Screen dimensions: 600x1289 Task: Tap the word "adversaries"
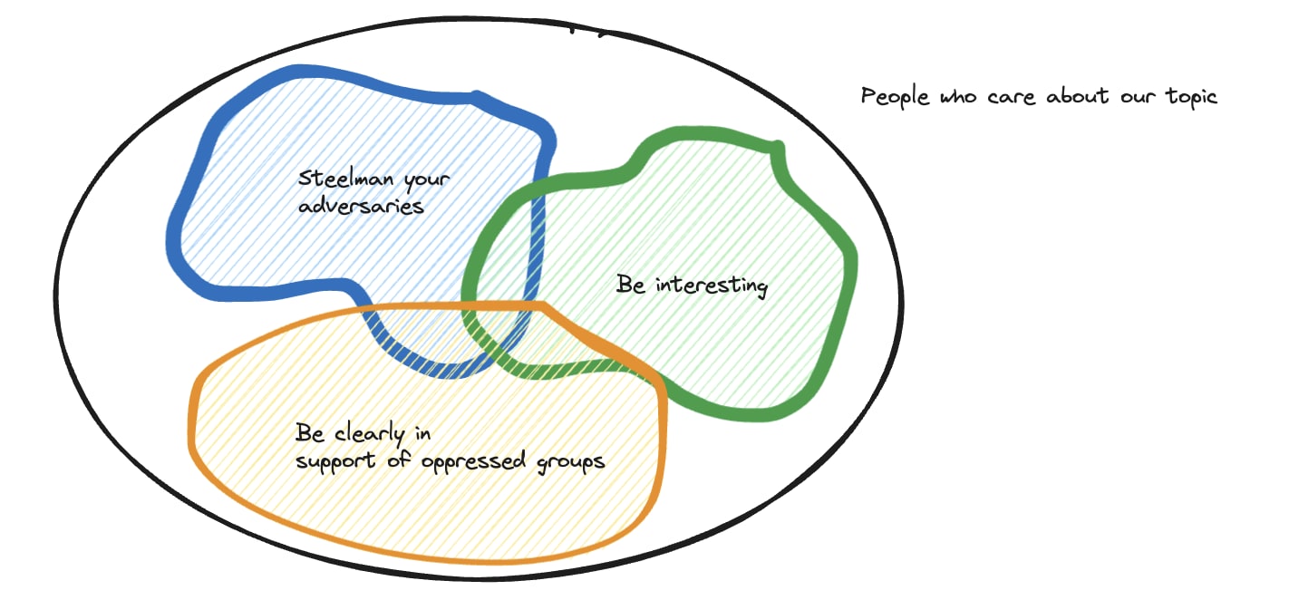pos(361,206)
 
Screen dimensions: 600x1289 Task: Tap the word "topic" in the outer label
pos(1191,97)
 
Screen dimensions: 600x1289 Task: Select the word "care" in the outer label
pos(1013,97)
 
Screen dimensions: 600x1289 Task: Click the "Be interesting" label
pos(692,286)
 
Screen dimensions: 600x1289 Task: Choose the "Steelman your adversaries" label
pos(373,192)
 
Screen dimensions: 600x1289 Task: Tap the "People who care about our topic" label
pos(1039,97)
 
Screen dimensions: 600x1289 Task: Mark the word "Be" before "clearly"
pos(309,433)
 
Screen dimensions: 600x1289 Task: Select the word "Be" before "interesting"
pos(631,285)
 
